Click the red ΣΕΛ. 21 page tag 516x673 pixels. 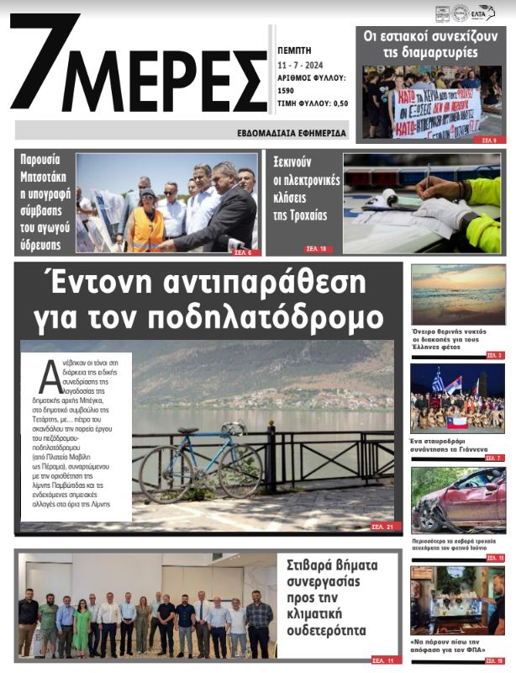click(x=382, y=527)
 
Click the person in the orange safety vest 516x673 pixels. click(x=148, y=220)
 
